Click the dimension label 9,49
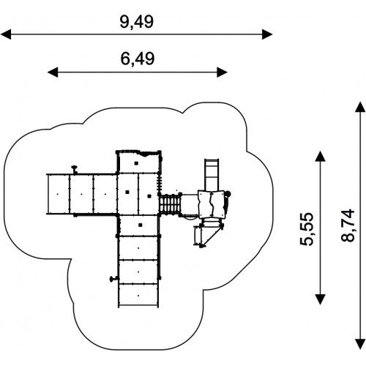click(137, 22)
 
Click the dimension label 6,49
click(138, 59)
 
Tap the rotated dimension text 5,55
click(306, 229)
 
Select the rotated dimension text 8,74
click(348, 225)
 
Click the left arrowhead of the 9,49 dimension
click(6, 34)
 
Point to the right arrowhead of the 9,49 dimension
click(267, 34)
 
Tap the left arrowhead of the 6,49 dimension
click(53, 72)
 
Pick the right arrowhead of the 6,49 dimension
click(223, 72)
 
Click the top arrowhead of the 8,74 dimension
click(360, 107)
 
